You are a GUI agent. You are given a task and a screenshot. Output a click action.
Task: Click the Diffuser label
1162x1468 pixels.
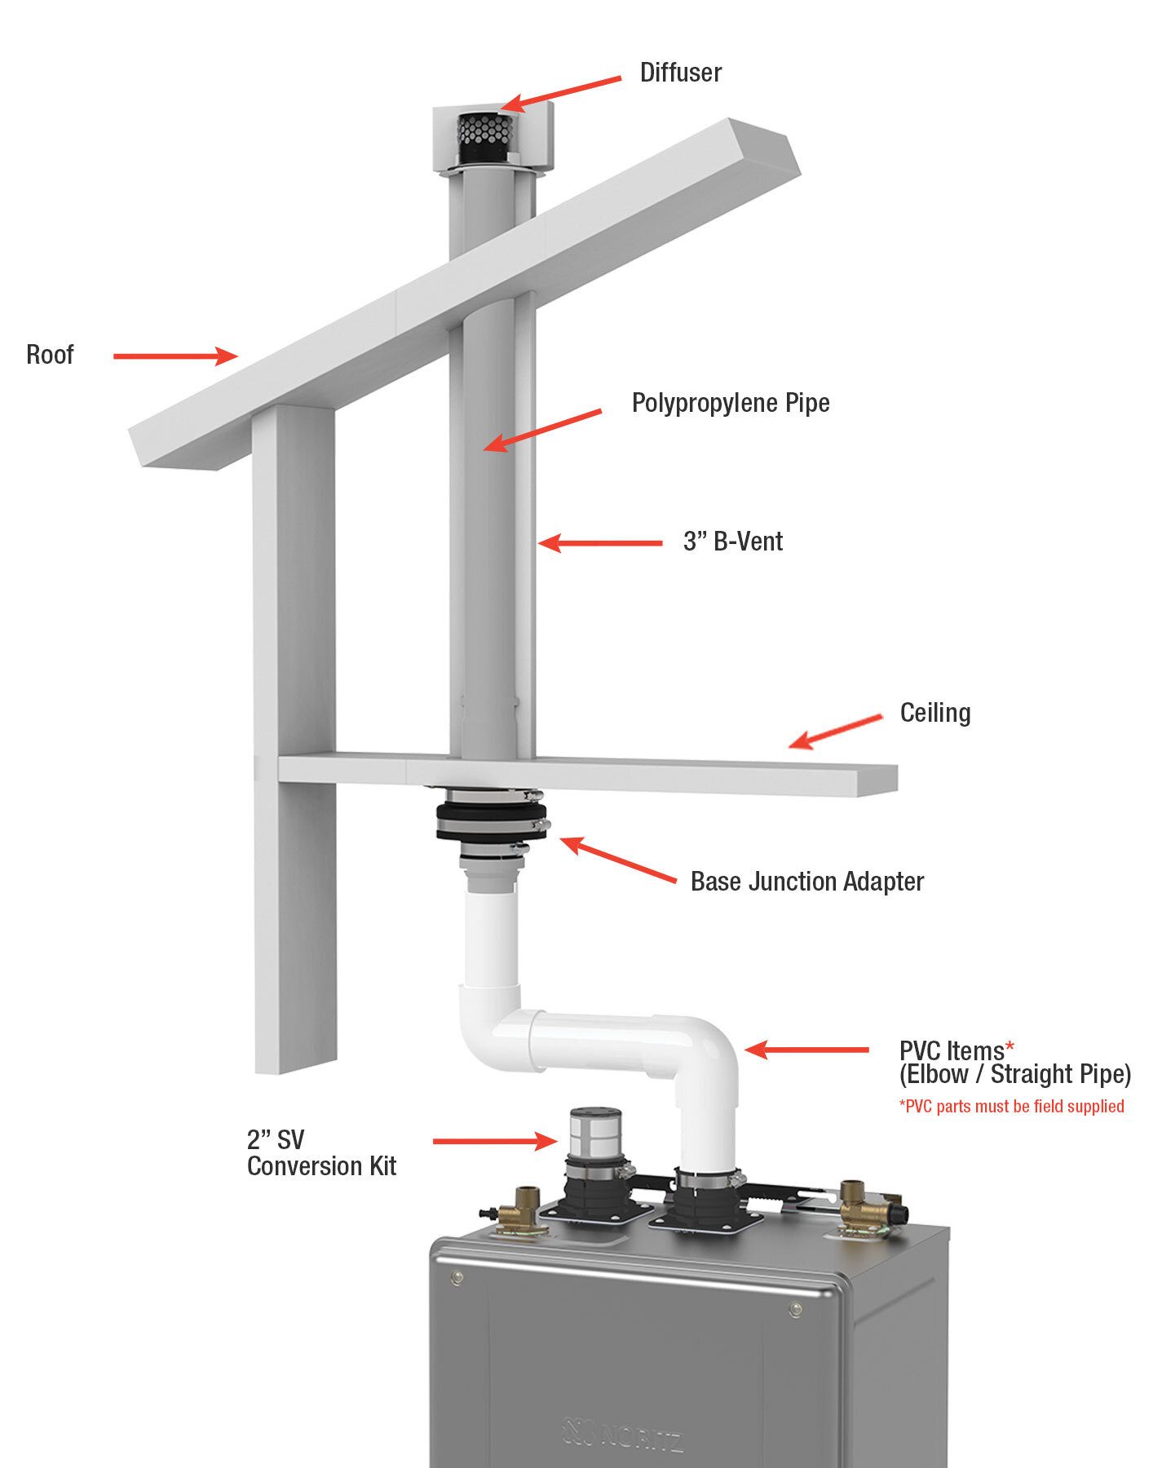680,73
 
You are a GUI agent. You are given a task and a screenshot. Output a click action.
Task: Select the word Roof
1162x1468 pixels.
50,355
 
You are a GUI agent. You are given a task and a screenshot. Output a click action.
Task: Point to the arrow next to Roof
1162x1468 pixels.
175,356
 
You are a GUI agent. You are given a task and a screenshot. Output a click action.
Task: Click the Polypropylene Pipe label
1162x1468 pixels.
731,403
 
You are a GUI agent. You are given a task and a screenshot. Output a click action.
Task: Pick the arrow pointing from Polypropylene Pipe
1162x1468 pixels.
542,430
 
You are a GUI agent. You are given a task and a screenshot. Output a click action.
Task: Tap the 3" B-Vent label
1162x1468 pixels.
732,542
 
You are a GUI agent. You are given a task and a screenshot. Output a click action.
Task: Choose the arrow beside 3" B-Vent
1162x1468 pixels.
600,542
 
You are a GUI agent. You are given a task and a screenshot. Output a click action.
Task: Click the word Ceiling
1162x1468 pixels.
934,713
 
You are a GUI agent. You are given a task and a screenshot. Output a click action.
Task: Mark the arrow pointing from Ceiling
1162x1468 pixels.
836,731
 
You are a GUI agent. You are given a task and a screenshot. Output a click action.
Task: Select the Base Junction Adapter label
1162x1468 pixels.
806,882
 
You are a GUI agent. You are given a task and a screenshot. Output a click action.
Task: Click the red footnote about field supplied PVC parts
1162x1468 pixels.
1011,1107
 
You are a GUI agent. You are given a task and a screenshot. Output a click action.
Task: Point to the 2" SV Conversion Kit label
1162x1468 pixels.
320,1153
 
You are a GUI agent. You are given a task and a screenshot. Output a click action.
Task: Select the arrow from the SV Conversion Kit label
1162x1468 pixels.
494,1141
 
